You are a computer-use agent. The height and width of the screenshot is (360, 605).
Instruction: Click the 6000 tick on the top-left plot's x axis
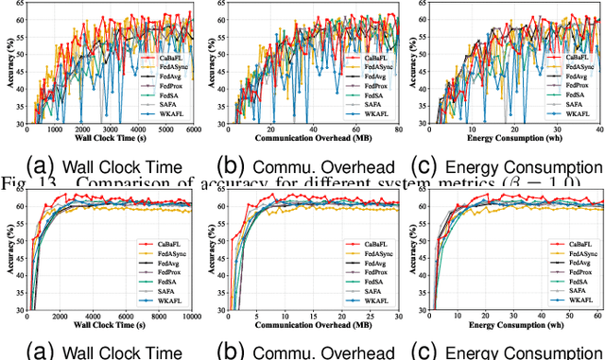[x=191, y=130]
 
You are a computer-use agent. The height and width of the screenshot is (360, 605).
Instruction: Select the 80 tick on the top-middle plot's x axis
[x=398, y=130]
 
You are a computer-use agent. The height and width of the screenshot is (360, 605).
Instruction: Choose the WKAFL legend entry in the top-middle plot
[x=373, y=114]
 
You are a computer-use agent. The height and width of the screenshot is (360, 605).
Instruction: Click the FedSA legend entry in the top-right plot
[x=577, y=95]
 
